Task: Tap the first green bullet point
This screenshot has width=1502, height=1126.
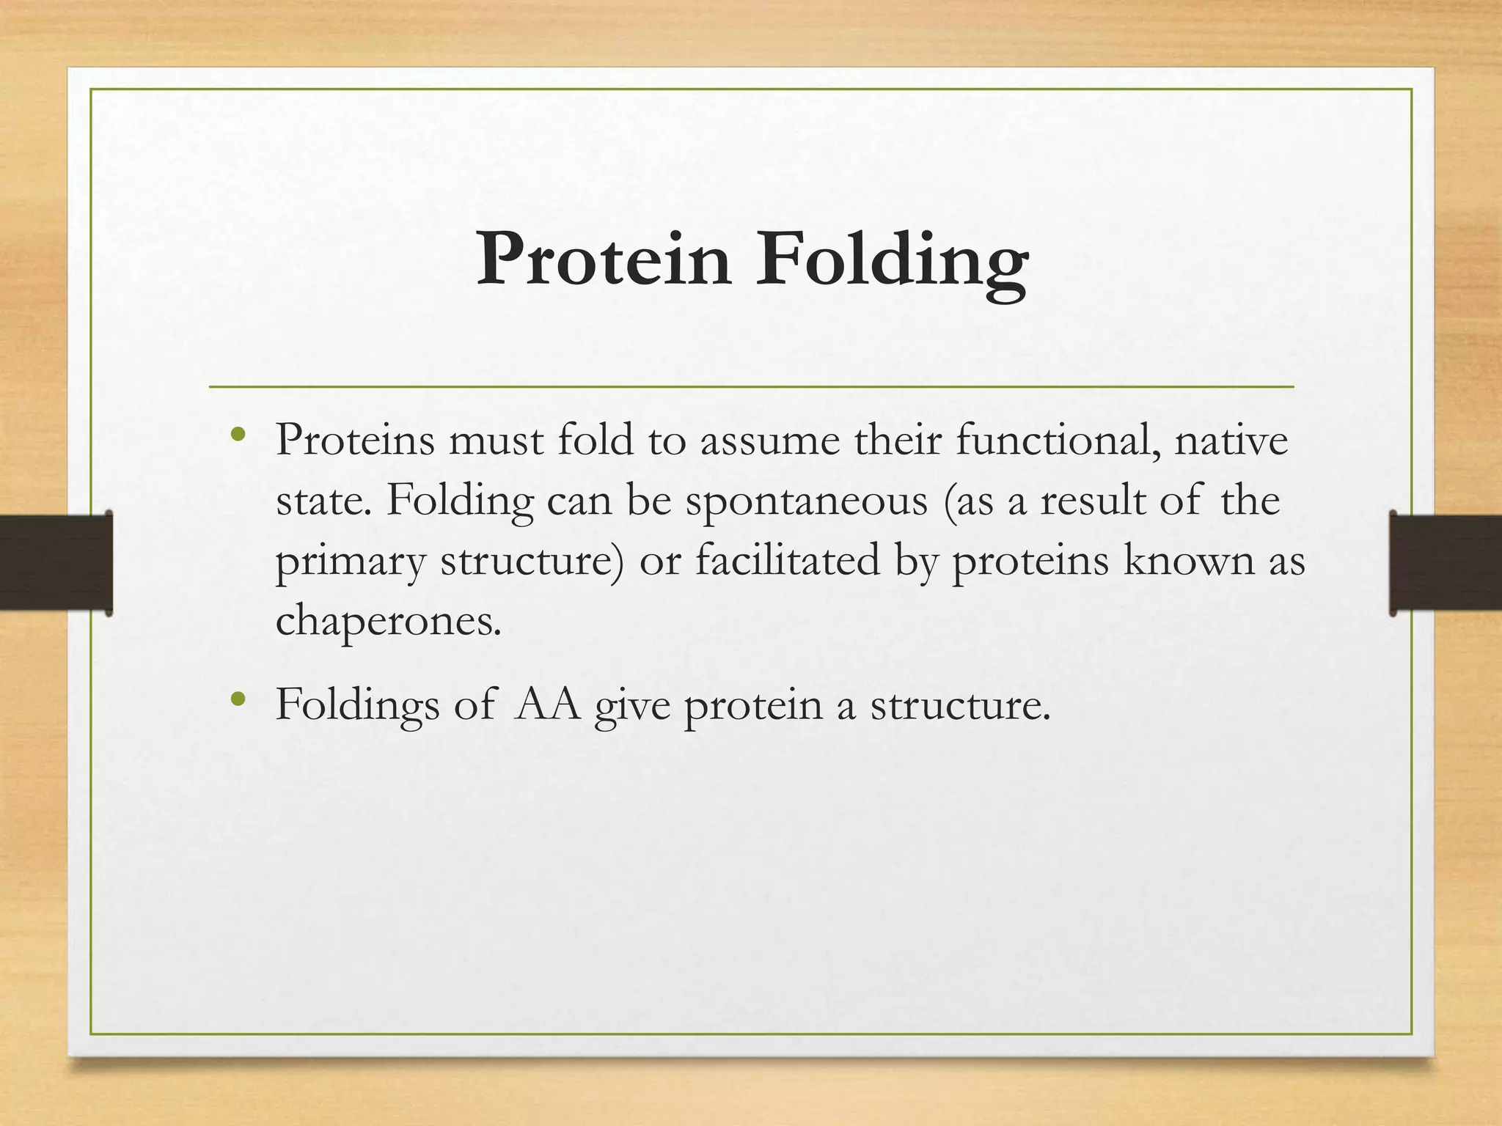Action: click(x=236, y=435)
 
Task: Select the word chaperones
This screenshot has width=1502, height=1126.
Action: click(x=388, y=622)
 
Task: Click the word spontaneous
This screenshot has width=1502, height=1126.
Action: click(x=807, y=502)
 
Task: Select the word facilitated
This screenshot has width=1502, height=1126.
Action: click(x=787, y=561)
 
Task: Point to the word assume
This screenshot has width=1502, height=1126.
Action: click(x=769, y=442)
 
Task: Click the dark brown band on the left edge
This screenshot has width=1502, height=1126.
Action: click(x=55, y=562)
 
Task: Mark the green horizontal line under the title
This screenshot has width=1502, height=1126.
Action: click(x=751, y=386)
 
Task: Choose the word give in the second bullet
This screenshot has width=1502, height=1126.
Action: click(x=632, y=706)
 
